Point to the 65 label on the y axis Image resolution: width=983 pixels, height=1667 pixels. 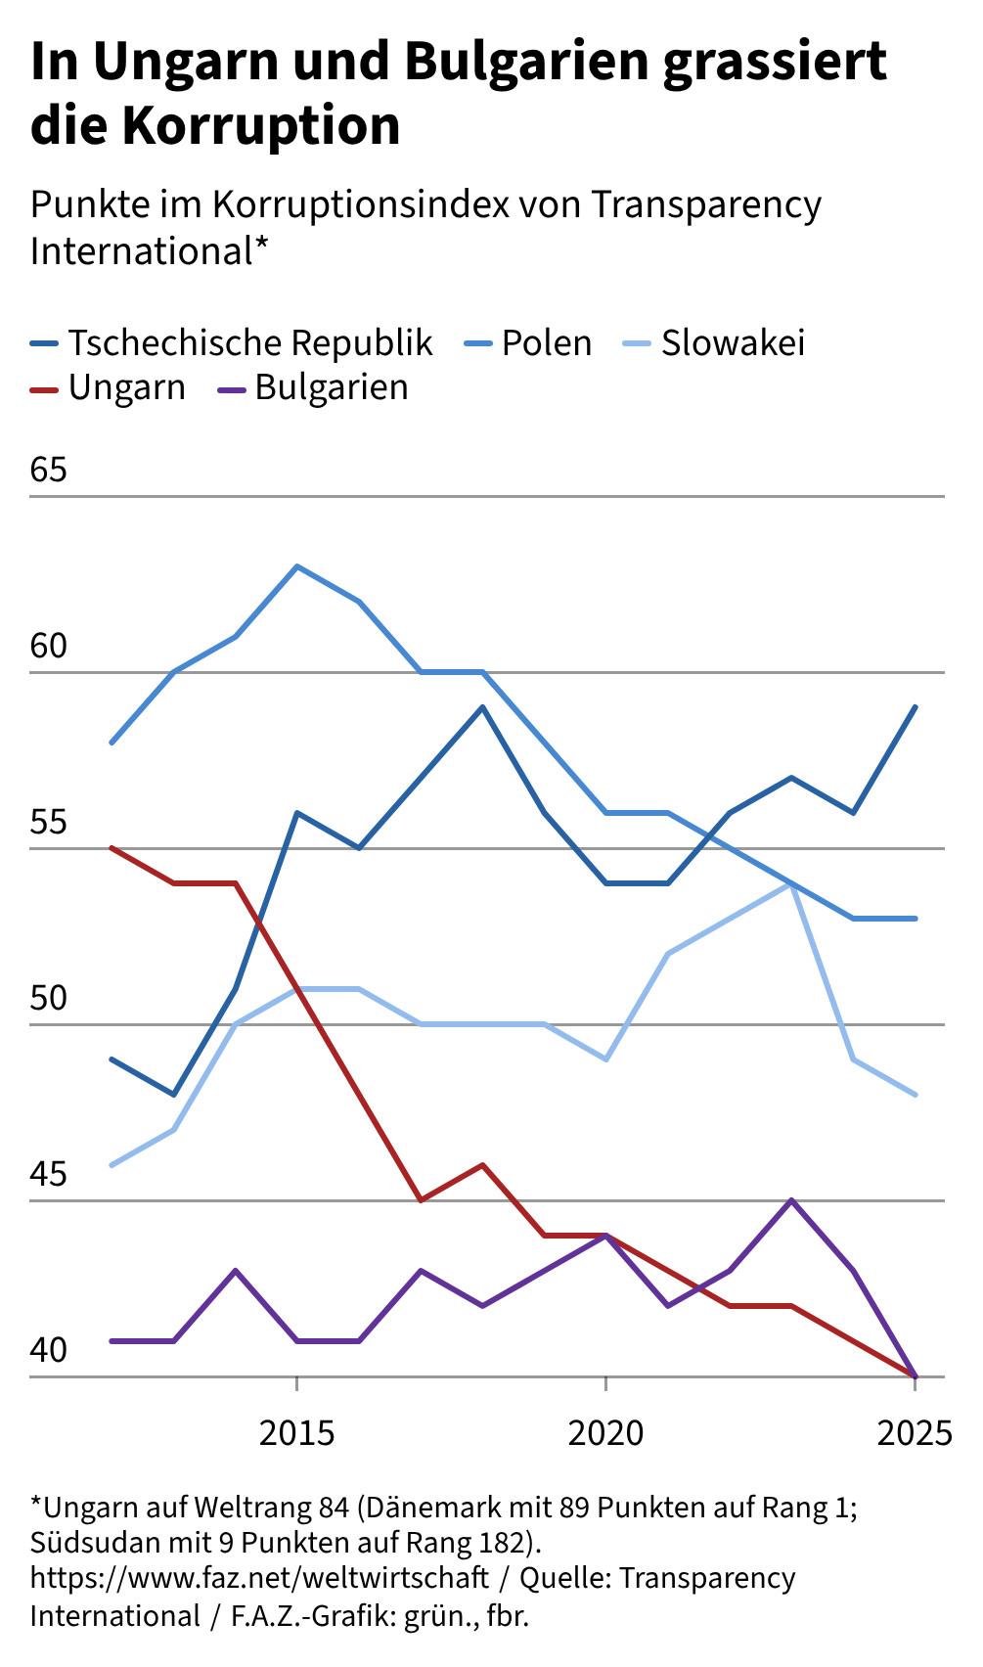[x=49, y=470]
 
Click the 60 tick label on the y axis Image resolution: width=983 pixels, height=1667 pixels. [x=49, y=646]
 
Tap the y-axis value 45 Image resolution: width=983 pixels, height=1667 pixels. [x=49, y=1174]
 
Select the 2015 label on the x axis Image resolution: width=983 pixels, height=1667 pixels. [x=296, y=1433]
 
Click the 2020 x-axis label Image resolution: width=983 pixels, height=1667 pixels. [x=605, y=1433]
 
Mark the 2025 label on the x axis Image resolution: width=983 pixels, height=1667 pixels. [x=915, y=1433]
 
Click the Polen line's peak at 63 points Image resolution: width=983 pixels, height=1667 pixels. [x=296, y=566]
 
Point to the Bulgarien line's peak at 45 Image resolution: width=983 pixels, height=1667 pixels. [x=791, y=1200]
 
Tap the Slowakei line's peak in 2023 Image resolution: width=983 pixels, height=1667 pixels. [x=791, y=884]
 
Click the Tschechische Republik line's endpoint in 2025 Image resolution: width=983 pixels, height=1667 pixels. [x=915, y=706]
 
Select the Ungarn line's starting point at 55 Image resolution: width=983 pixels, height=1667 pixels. [x=112, y=848]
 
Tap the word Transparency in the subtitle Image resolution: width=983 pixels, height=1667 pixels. [x=706, y=204]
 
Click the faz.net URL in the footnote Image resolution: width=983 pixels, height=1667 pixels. [x=259, y=1578]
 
